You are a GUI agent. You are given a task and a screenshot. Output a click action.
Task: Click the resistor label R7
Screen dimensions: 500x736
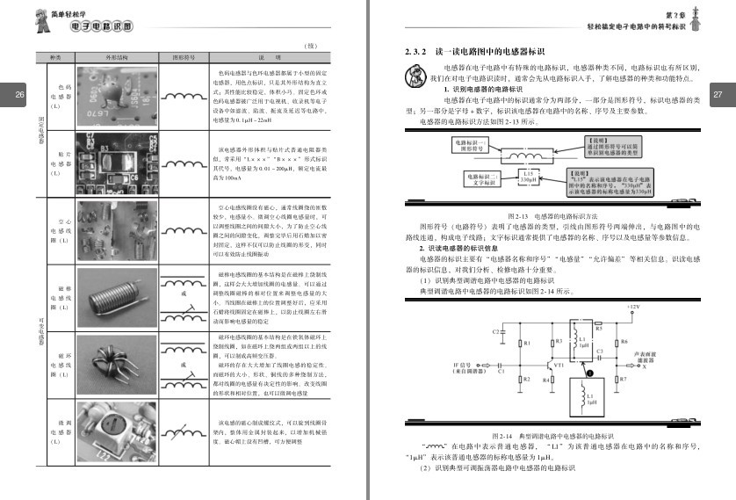pyautogui.click(x=623, y=379)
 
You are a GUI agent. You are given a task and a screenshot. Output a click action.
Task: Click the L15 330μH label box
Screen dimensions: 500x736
pyautogui.click(x=527, y=178)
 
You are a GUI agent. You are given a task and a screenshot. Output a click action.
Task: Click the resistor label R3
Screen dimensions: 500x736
pyautogui.click(x=554, y=342)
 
